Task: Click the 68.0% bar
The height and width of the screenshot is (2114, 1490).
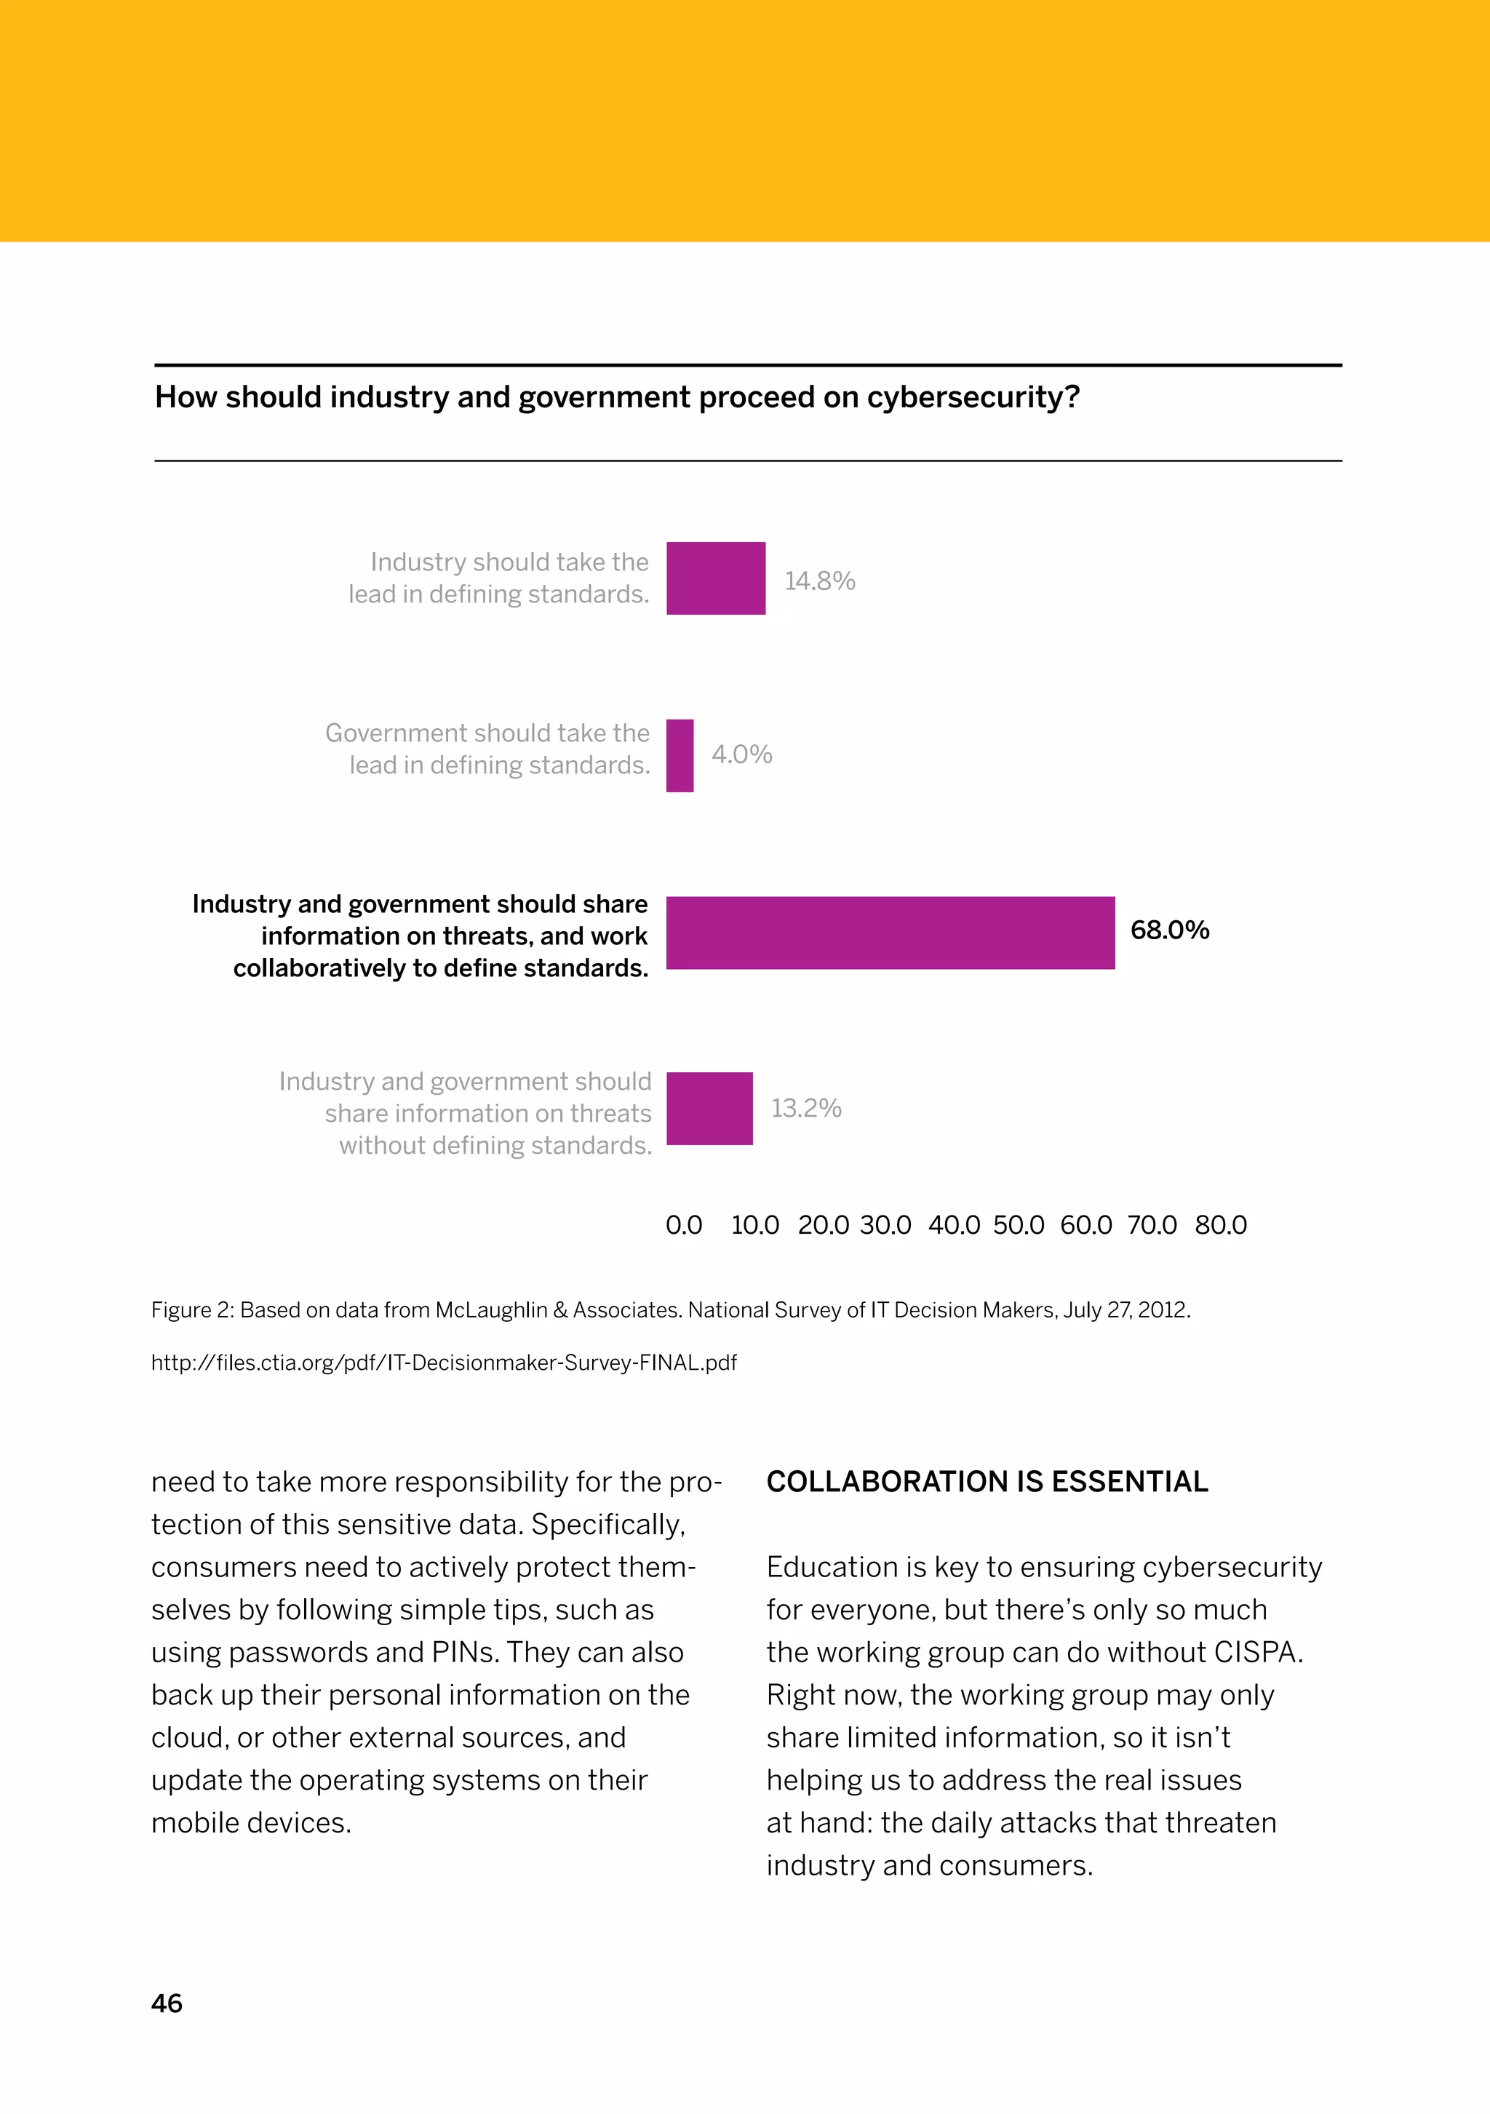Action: (x=890, y=932)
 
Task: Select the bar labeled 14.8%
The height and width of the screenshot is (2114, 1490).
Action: (x=715, y=578)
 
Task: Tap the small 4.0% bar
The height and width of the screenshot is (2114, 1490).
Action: (x=680, y=755)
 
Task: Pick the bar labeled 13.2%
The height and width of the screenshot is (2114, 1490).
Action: (x=709, y=1108)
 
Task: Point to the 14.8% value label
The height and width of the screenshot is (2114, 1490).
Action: (x=820, y=581)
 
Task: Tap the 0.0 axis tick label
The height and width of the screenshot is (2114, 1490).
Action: (x=683, y=1226)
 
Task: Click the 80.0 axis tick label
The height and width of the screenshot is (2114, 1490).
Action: (x=1220, y=1226)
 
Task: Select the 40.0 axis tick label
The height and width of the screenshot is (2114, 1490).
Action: (x=953, y=1226)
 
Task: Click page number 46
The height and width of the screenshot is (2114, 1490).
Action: (x=167, y=2003)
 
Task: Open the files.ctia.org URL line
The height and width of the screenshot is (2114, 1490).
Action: (x=443, y=1363)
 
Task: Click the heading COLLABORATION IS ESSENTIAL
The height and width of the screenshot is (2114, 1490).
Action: (x=987, y=1481)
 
